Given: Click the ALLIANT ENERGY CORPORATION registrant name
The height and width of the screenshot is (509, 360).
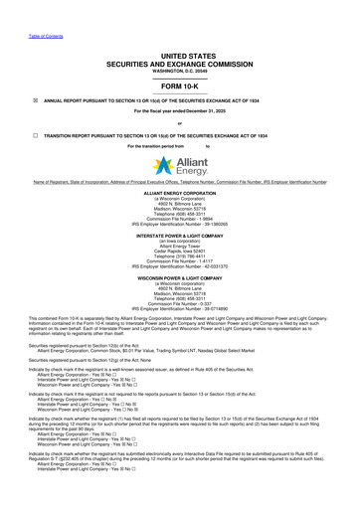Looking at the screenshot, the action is [x=180, y=193].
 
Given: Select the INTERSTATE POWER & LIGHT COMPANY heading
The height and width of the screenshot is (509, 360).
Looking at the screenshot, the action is [x=180, y=235].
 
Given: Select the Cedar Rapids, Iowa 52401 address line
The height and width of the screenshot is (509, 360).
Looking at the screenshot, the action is [x=180, y=250].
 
